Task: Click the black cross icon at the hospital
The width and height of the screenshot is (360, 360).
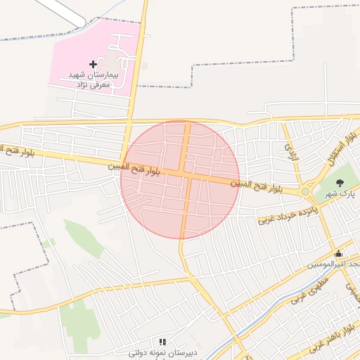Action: tap(93, 64)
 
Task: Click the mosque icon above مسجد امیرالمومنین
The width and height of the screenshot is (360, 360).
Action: tap(339, 254)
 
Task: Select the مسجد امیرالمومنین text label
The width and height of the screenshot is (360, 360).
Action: tap(334, 264)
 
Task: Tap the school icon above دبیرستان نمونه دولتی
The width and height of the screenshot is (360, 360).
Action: tap(162, 342)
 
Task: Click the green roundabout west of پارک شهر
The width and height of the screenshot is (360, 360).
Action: tap(306, 191)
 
